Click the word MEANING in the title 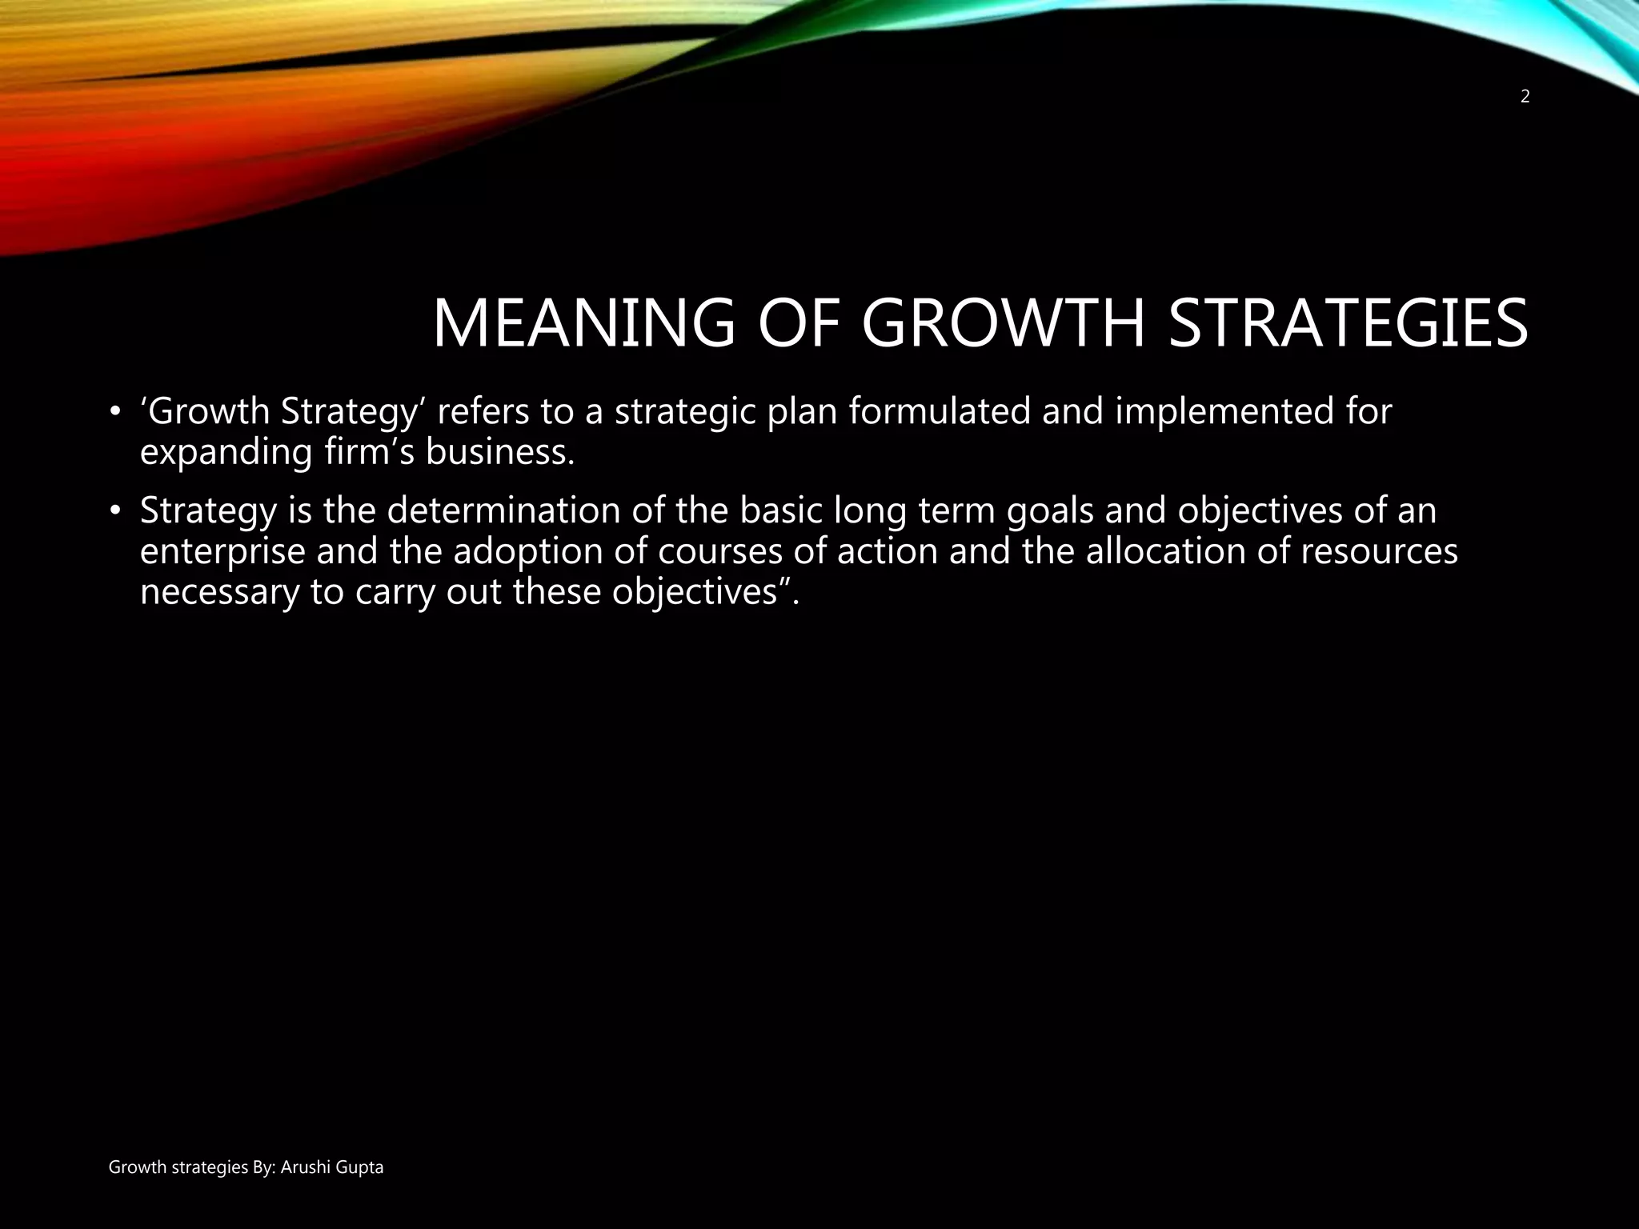(x=583, y=323)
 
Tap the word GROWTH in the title (x=1004, y=323)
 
